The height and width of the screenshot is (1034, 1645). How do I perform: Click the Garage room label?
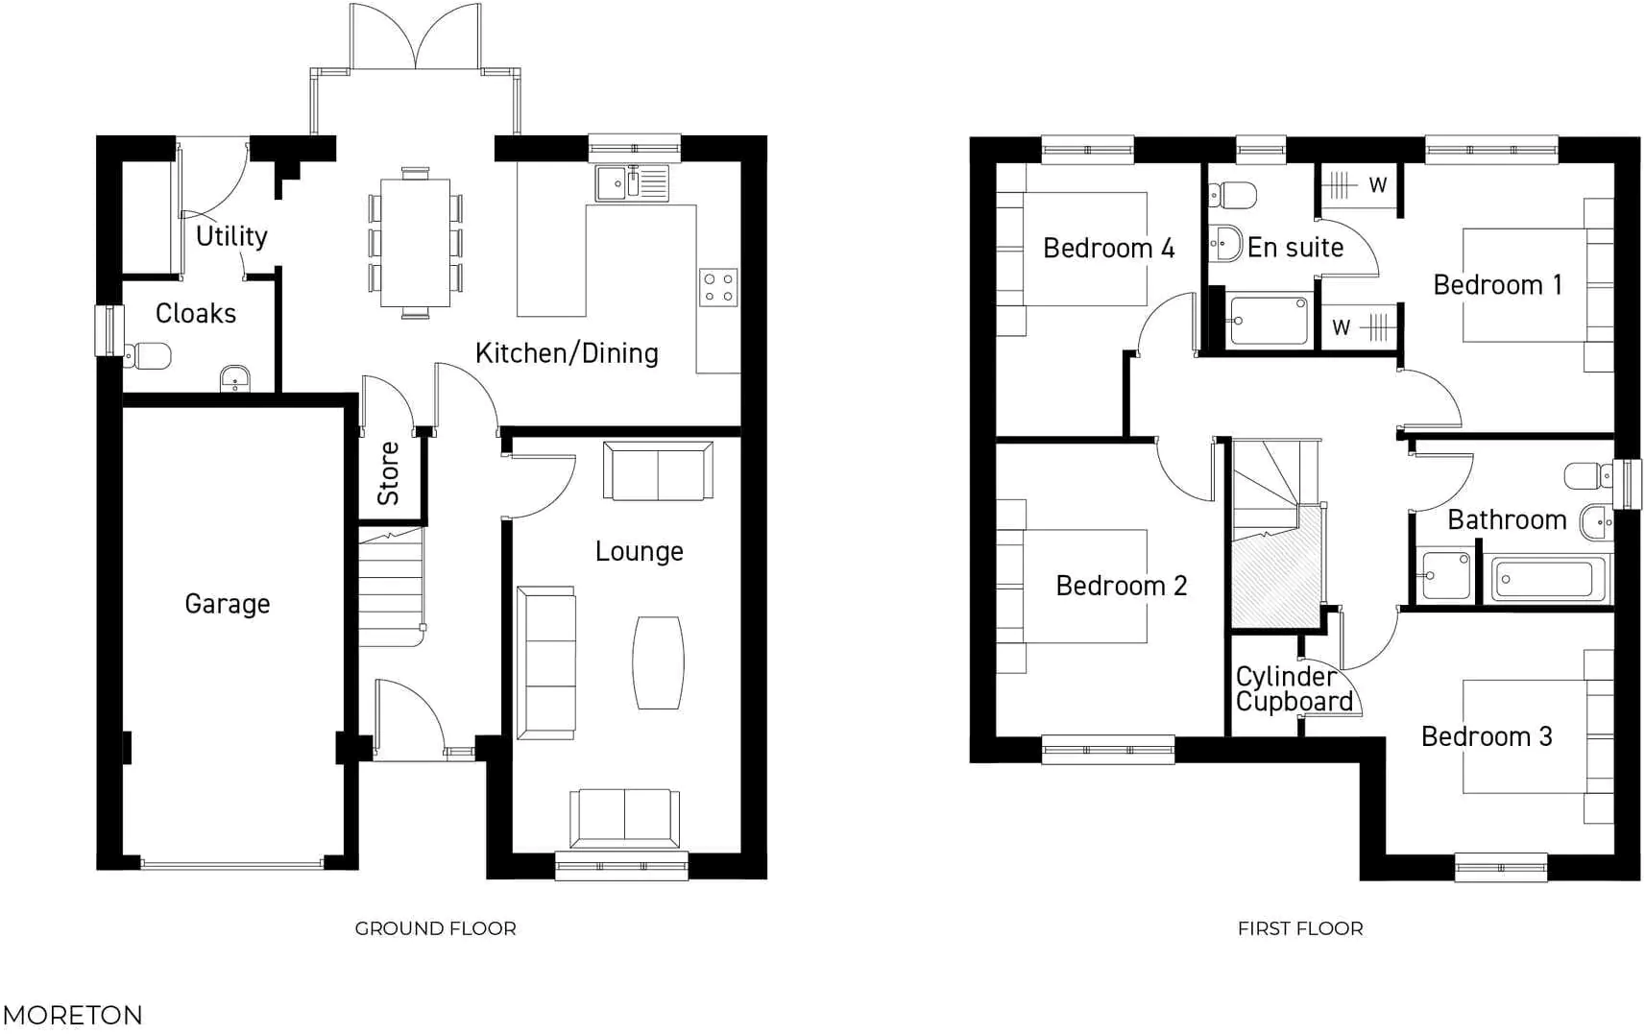[227, 604]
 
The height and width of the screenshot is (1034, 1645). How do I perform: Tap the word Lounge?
[639, 551]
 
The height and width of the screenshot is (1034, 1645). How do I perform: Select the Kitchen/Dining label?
[567, 353]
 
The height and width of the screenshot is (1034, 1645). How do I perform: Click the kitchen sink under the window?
[632, 182]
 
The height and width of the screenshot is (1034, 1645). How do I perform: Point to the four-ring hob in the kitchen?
[718, 287]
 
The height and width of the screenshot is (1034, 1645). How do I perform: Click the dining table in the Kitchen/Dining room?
[415, 243]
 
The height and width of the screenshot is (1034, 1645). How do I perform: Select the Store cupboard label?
[389, 473]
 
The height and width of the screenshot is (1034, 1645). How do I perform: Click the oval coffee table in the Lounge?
[659, 662]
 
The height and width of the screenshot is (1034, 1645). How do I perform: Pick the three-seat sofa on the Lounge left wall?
[546, 662]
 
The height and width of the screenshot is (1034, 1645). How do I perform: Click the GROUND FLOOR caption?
[435, 928]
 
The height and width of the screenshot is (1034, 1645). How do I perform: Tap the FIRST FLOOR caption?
[1299, 928]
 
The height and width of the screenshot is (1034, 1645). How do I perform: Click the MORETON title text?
[72, 1015]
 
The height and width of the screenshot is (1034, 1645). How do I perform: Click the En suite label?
[1294, 248]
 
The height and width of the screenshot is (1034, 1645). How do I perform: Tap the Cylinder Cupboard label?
[1293, 688]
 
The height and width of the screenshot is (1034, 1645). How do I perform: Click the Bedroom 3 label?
[1486, 736]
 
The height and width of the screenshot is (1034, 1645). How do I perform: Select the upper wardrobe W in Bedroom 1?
[1359, 185]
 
